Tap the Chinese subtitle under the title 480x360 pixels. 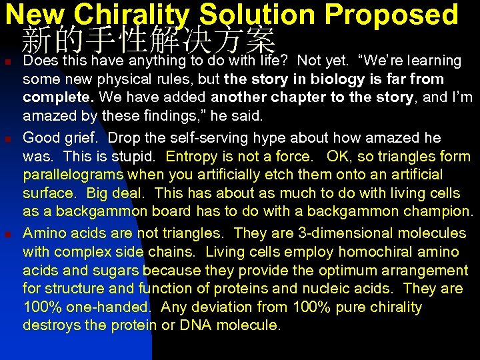click(148, 41)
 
